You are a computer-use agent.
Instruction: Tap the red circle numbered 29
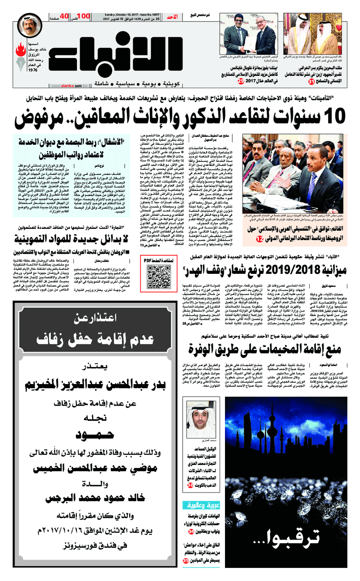[228, 68]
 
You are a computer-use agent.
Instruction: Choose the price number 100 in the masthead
[84, 16]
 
